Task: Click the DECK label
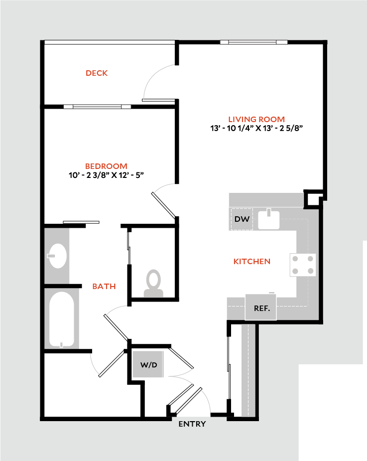(97, 73)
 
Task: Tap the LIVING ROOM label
(256, 119)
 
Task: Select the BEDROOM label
(106, 166)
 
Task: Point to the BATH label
(104, 286)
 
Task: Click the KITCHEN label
(252, 261)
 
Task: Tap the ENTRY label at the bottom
(192, 424)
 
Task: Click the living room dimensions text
(257, 128)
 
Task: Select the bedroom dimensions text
(106, 175)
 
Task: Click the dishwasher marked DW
(242, 219)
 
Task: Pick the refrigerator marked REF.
(262, 308)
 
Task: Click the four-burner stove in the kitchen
(303, 265)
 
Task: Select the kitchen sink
(269, 219)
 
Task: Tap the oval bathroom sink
(58, 256)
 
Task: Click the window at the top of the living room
(253, 42)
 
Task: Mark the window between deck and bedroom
(97, 106)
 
